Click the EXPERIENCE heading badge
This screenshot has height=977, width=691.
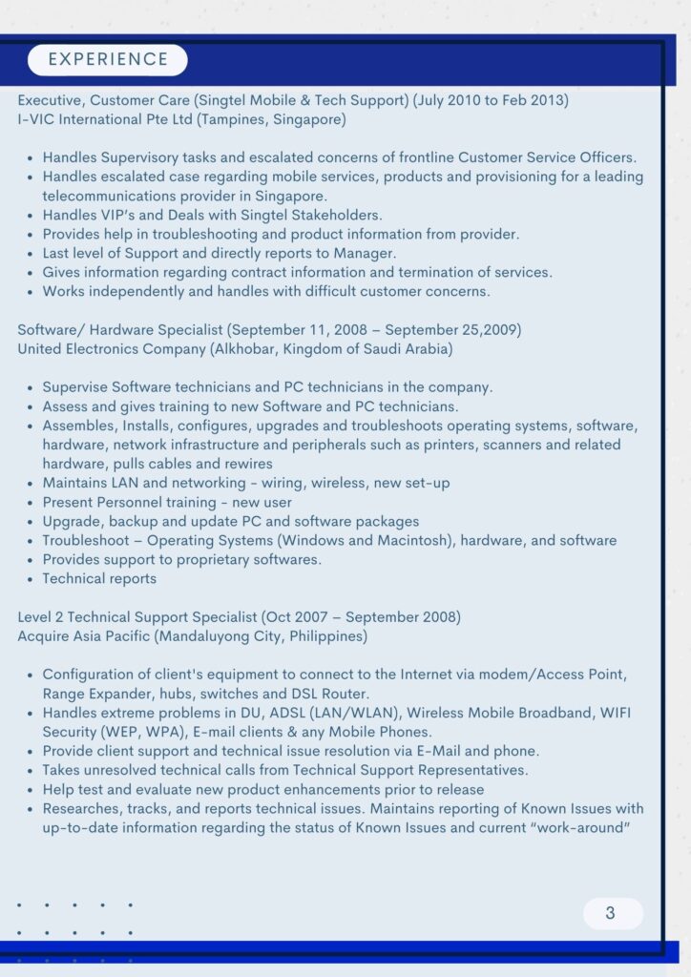[108, 59]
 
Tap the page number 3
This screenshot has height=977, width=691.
[611, 913]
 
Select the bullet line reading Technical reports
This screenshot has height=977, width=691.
[99, 579]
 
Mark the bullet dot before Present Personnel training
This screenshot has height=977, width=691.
[31, 503]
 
